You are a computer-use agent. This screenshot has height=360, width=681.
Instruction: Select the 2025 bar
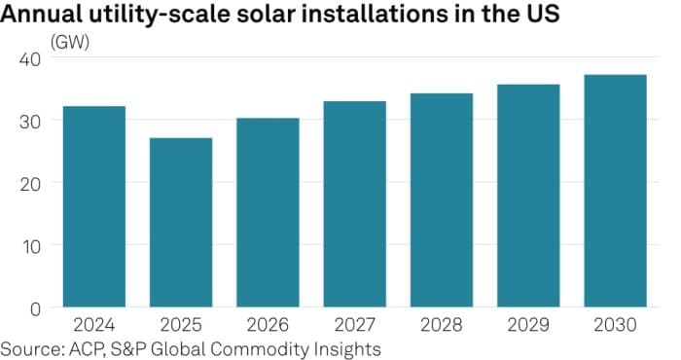(181, 223)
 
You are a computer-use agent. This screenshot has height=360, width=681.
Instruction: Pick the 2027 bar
(354, 204)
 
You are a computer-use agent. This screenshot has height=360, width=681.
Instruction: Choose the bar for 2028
(441, 200)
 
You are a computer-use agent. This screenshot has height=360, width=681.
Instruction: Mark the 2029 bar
(528, 196)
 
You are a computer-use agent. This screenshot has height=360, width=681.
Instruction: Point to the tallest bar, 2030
(615, 191)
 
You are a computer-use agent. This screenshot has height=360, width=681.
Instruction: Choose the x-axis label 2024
(93, 325)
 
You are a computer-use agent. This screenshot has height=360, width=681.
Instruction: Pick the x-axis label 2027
(354, 325)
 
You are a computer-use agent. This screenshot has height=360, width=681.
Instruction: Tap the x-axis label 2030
(615, 325)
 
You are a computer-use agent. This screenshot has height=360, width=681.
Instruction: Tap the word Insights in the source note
(345, 347)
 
